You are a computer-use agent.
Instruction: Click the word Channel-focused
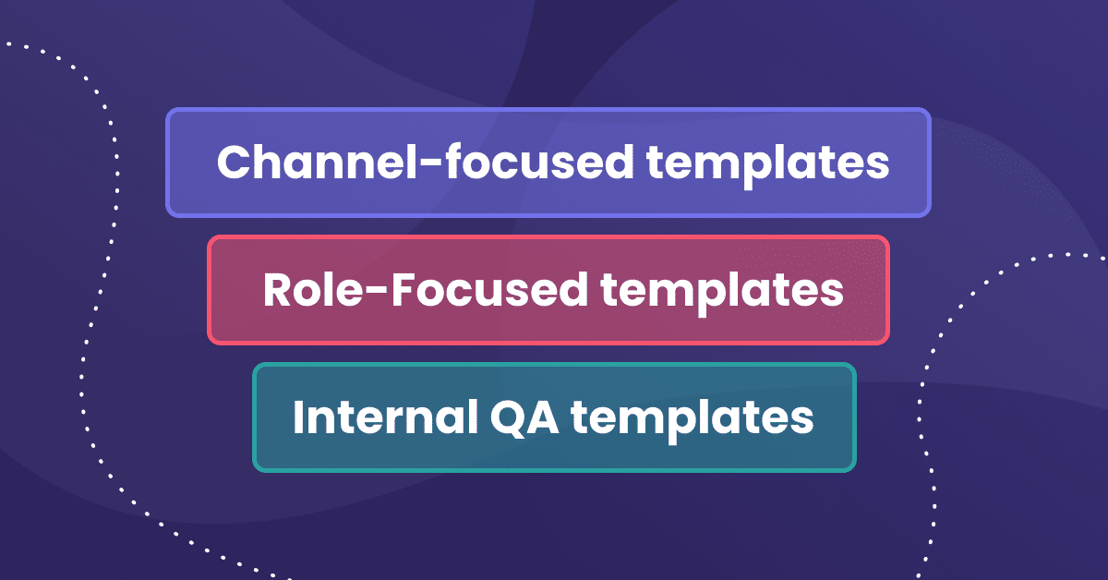pyautogui.click(x=425, y=163)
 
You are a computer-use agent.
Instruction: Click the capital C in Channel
pyautogui.click(x=235, y=163)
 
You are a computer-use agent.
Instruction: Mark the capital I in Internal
pyautogui.click(x=299, y=417)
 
